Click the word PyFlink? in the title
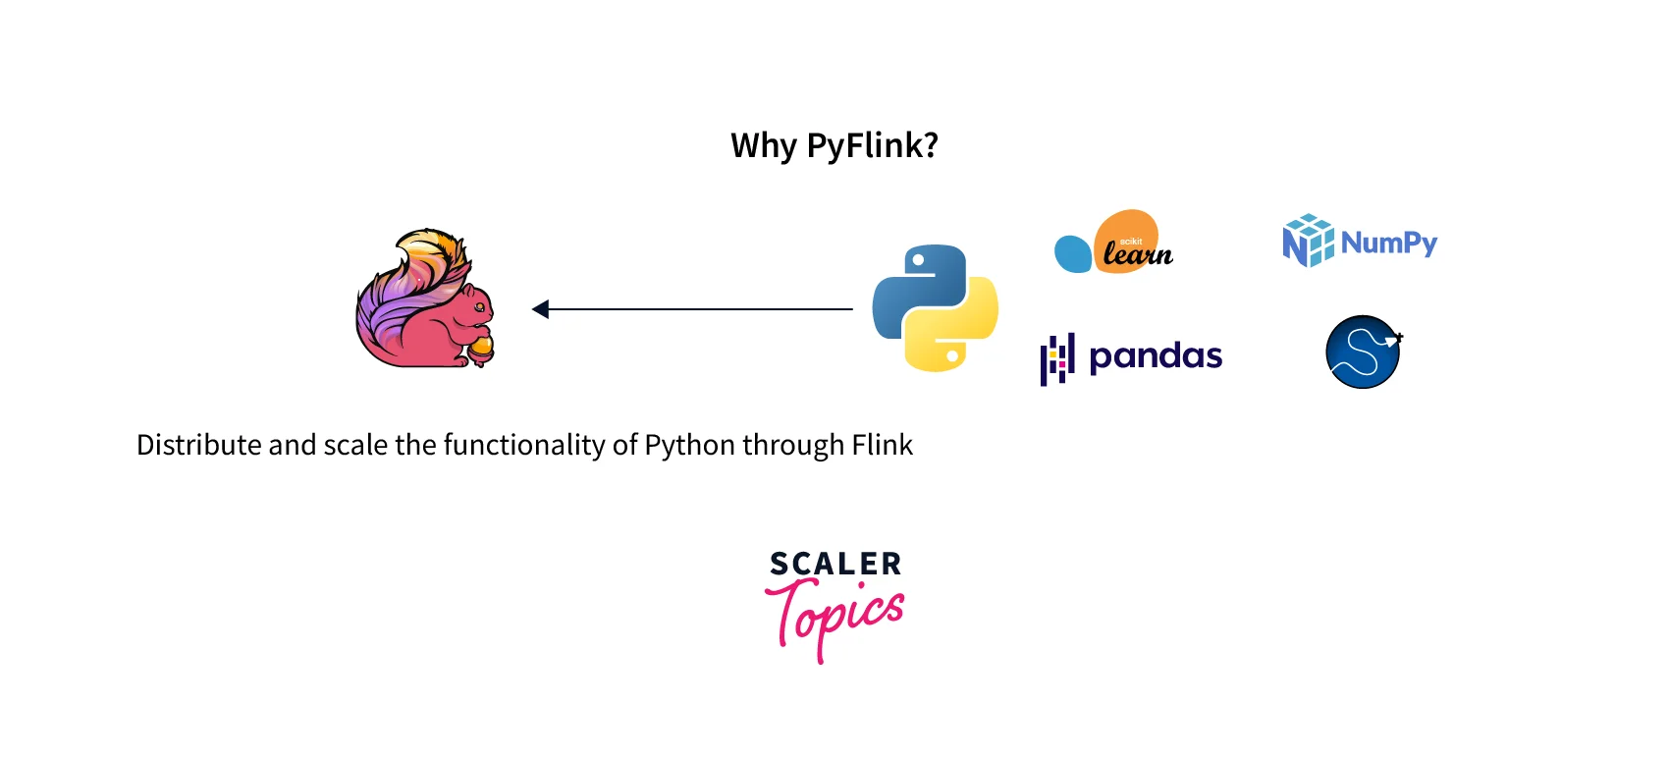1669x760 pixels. click(872, 146)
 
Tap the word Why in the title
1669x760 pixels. click(763, 146)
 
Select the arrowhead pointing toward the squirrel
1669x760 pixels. click(540, 309)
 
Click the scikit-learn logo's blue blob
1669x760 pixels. click(1072, 253)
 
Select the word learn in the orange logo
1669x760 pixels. click(1137, 254)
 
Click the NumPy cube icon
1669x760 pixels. click(1308, 241)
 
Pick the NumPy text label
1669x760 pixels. click(1388, 243)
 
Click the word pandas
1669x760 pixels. click(1156, 355)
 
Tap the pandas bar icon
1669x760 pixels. click(1056, 359)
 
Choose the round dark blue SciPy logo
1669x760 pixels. click(1363, 352)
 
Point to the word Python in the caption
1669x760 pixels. click(689, 446)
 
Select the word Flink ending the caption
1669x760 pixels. click(882, 446)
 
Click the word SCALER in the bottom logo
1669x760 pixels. click(835, 565)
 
